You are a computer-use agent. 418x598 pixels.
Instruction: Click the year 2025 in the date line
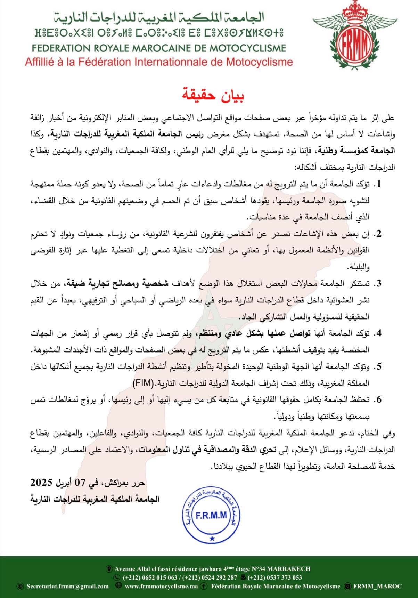(42, 483)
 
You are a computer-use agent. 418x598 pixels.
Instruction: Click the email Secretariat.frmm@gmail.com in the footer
(67, 586)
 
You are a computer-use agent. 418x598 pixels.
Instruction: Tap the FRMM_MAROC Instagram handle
(377, 586)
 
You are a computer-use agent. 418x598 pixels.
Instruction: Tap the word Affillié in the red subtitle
(39, 62)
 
